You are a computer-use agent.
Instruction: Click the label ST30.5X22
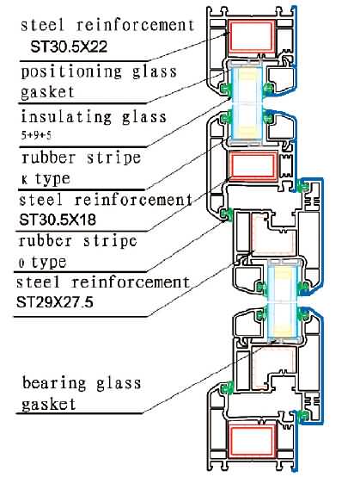(69, 46)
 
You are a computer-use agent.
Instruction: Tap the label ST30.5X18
(58, 219)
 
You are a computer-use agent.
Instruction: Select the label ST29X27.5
(55, 302)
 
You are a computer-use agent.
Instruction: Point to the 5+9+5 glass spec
(36, 134)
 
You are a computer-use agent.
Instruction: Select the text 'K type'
(46, 178)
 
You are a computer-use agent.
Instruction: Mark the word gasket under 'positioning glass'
(47, 92)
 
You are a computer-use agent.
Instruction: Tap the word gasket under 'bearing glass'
(49, 405)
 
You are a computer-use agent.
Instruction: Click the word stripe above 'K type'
(113, 158)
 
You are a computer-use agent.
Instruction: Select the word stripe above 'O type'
(111, 241)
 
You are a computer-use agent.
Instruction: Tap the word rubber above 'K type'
(49, 158)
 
